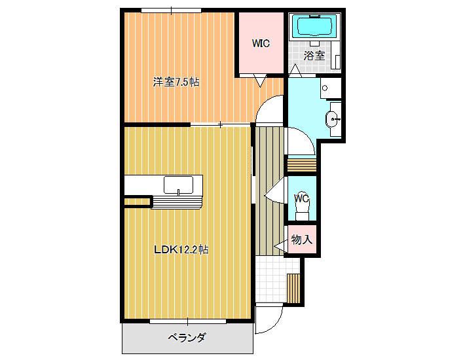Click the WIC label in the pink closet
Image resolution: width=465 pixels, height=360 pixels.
tap(261, 43)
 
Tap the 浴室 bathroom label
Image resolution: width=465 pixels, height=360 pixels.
tap(314, 56)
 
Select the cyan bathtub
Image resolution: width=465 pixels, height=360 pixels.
tap(314, 26)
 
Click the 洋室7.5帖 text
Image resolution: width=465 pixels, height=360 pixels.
tap(176, 82)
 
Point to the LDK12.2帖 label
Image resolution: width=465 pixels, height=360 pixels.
tap(181, 249)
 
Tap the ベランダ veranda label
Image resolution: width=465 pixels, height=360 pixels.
tap(187, 337)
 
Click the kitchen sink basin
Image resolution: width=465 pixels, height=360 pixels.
tap(179, 185)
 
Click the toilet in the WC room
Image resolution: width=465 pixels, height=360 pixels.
tap(302, 212)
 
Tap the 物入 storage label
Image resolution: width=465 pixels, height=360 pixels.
tap(302, 239)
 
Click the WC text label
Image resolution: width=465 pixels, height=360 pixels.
tap(302, 198)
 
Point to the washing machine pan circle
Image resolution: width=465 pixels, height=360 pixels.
tap(325, 88)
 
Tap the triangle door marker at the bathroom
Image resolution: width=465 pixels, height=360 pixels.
tap(295, 70)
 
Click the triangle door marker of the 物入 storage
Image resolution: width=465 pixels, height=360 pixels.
tap(280, 245)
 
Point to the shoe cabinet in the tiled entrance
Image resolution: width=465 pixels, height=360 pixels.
tap(294, 289)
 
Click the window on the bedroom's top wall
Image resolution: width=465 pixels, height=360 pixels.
tap(172, 10)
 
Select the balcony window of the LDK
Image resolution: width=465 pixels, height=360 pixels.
tap(188, 321)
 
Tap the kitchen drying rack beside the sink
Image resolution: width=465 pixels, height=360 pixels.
tap(177, 202)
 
